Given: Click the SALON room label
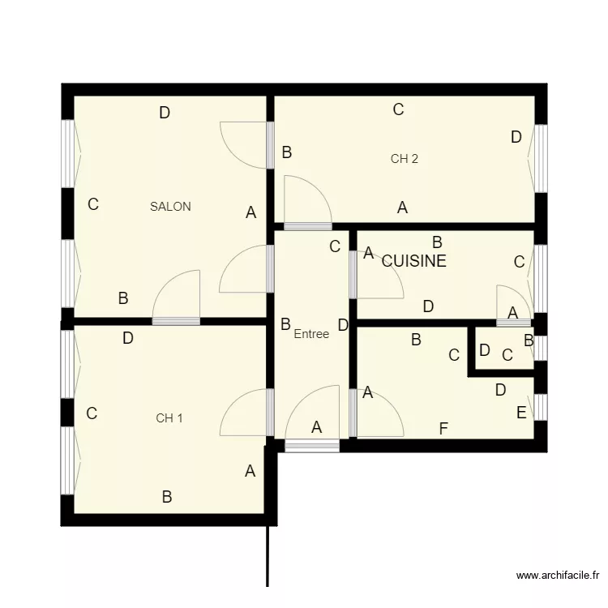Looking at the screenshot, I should click(170, 207).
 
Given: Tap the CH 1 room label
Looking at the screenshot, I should click(169, 418).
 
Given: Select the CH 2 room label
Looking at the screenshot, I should click(404, 159).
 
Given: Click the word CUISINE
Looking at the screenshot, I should click(413, 261).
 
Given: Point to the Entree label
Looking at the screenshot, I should click(311, 334).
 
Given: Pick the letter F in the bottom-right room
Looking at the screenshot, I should click(443, 429).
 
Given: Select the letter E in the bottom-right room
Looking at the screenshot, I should click(520, 413).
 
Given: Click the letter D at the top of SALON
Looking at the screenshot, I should click(165, 113).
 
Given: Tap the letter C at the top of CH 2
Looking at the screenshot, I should click(398, 109).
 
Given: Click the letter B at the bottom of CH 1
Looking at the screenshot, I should click(167, 497).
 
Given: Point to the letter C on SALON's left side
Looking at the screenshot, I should click(93, 204).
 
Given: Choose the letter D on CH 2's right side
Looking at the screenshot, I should click(516, 138).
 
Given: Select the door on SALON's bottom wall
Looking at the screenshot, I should click(177, 296).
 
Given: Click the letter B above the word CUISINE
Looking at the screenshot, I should click(436, 242).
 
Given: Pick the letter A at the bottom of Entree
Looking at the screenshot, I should click(317, 426).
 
